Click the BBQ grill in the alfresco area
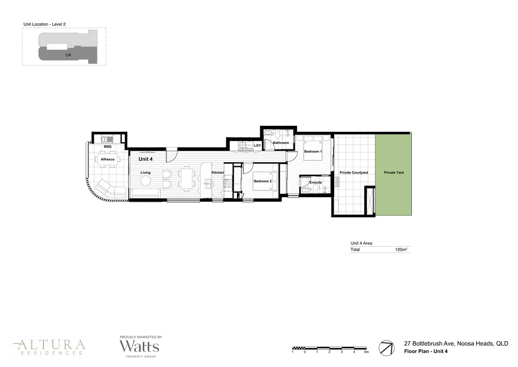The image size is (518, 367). pyautogui.click(x=107, y=139)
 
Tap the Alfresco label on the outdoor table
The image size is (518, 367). pyautogui.click(x=107, y=160)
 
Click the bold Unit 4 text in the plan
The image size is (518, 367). pyautogui.click(x=145, y=159)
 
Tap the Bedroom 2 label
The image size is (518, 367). pyautogui.click(x=262, y=182)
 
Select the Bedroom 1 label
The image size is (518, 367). pyautogui.click(x=313, y=152)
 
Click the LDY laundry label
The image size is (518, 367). pyautogui.click(x=257, y=146)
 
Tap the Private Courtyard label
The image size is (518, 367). pyautogui.click(x=354, y=173)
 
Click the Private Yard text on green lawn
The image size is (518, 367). pyautogui.click(x=394, y=173)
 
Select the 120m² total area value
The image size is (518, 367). pyautogui.click(x=401, y=250)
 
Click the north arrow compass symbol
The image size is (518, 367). pyautogui.click(x=386, y=348)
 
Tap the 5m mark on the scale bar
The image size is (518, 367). pyautogui.click(x=366, y=352)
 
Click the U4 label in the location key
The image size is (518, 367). pyautogui.click(x=68, y=55)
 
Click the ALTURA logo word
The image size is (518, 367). pyautogui.click(x=48, y=345)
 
